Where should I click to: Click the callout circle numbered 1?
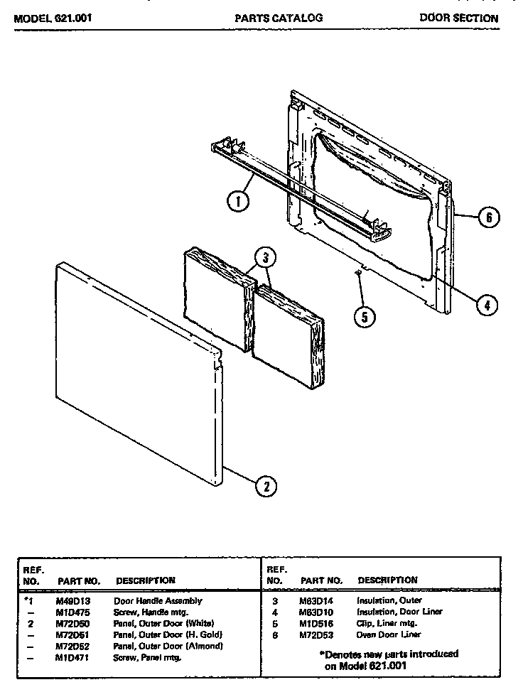[238, 202]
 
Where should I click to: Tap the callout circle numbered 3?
[264, 257]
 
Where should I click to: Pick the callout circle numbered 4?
[486, 305]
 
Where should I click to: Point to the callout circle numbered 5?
[364, 317]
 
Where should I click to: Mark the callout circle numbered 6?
[488, 217]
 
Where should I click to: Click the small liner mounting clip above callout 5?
[359, 271]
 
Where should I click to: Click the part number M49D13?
[72, 600]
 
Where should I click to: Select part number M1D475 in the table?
[72, 612]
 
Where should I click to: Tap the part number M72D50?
[72, 623]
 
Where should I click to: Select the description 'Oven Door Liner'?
[389, 634]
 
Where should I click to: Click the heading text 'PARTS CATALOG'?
[279, 18]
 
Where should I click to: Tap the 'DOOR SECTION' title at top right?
[458, 18]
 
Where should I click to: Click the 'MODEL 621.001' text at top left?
[53, 18]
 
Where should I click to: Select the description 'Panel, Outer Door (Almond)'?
[168, 646]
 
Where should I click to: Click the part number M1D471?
[72, 657]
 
